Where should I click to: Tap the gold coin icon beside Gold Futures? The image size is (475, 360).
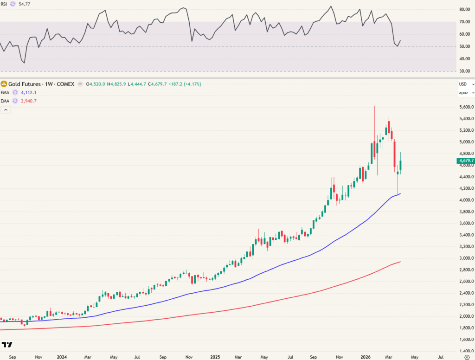click(4, 84)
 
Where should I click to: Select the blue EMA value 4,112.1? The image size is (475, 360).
click(28, 92)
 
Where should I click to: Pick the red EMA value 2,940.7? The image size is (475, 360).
click(28, 101)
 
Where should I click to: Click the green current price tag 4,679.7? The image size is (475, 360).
click(465, 161)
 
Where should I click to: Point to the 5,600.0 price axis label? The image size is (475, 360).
click(465, 107)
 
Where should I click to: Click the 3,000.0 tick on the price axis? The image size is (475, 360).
click(465, 258)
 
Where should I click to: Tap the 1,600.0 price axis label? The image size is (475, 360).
click(465, 339)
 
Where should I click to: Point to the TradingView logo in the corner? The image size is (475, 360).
click(7, 345)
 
